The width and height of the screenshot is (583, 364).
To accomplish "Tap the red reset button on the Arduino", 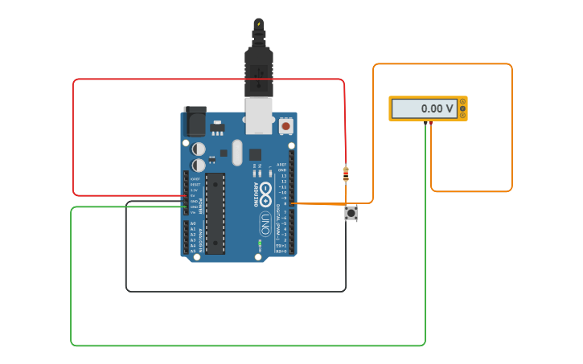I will coord(285,126).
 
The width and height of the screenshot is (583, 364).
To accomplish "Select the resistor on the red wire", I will coord(346,174).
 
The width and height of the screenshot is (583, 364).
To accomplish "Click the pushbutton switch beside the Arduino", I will coord(351,213).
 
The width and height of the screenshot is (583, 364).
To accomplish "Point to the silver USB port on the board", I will coord(258,116).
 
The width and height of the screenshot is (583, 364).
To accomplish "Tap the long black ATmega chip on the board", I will coord(215,212).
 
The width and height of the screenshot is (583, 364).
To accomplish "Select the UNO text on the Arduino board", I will coord(265,223).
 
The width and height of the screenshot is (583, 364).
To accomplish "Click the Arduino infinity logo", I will coord(265,190).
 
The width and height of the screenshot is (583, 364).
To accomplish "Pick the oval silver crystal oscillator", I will coord(236,152).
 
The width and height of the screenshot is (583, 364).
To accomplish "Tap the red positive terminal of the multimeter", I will coord(431,122).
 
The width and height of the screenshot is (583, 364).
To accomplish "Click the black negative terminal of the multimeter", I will coord(425,122).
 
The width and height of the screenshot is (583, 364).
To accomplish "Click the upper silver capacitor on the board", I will coord(198,149).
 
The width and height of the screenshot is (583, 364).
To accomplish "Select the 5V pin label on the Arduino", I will coord(194,195).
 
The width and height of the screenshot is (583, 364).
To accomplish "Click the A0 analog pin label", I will coord(193,223).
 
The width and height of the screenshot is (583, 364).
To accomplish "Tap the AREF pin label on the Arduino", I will coord(281,165).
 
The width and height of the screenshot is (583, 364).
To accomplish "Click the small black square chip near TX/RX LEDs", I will coord(255,154).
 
